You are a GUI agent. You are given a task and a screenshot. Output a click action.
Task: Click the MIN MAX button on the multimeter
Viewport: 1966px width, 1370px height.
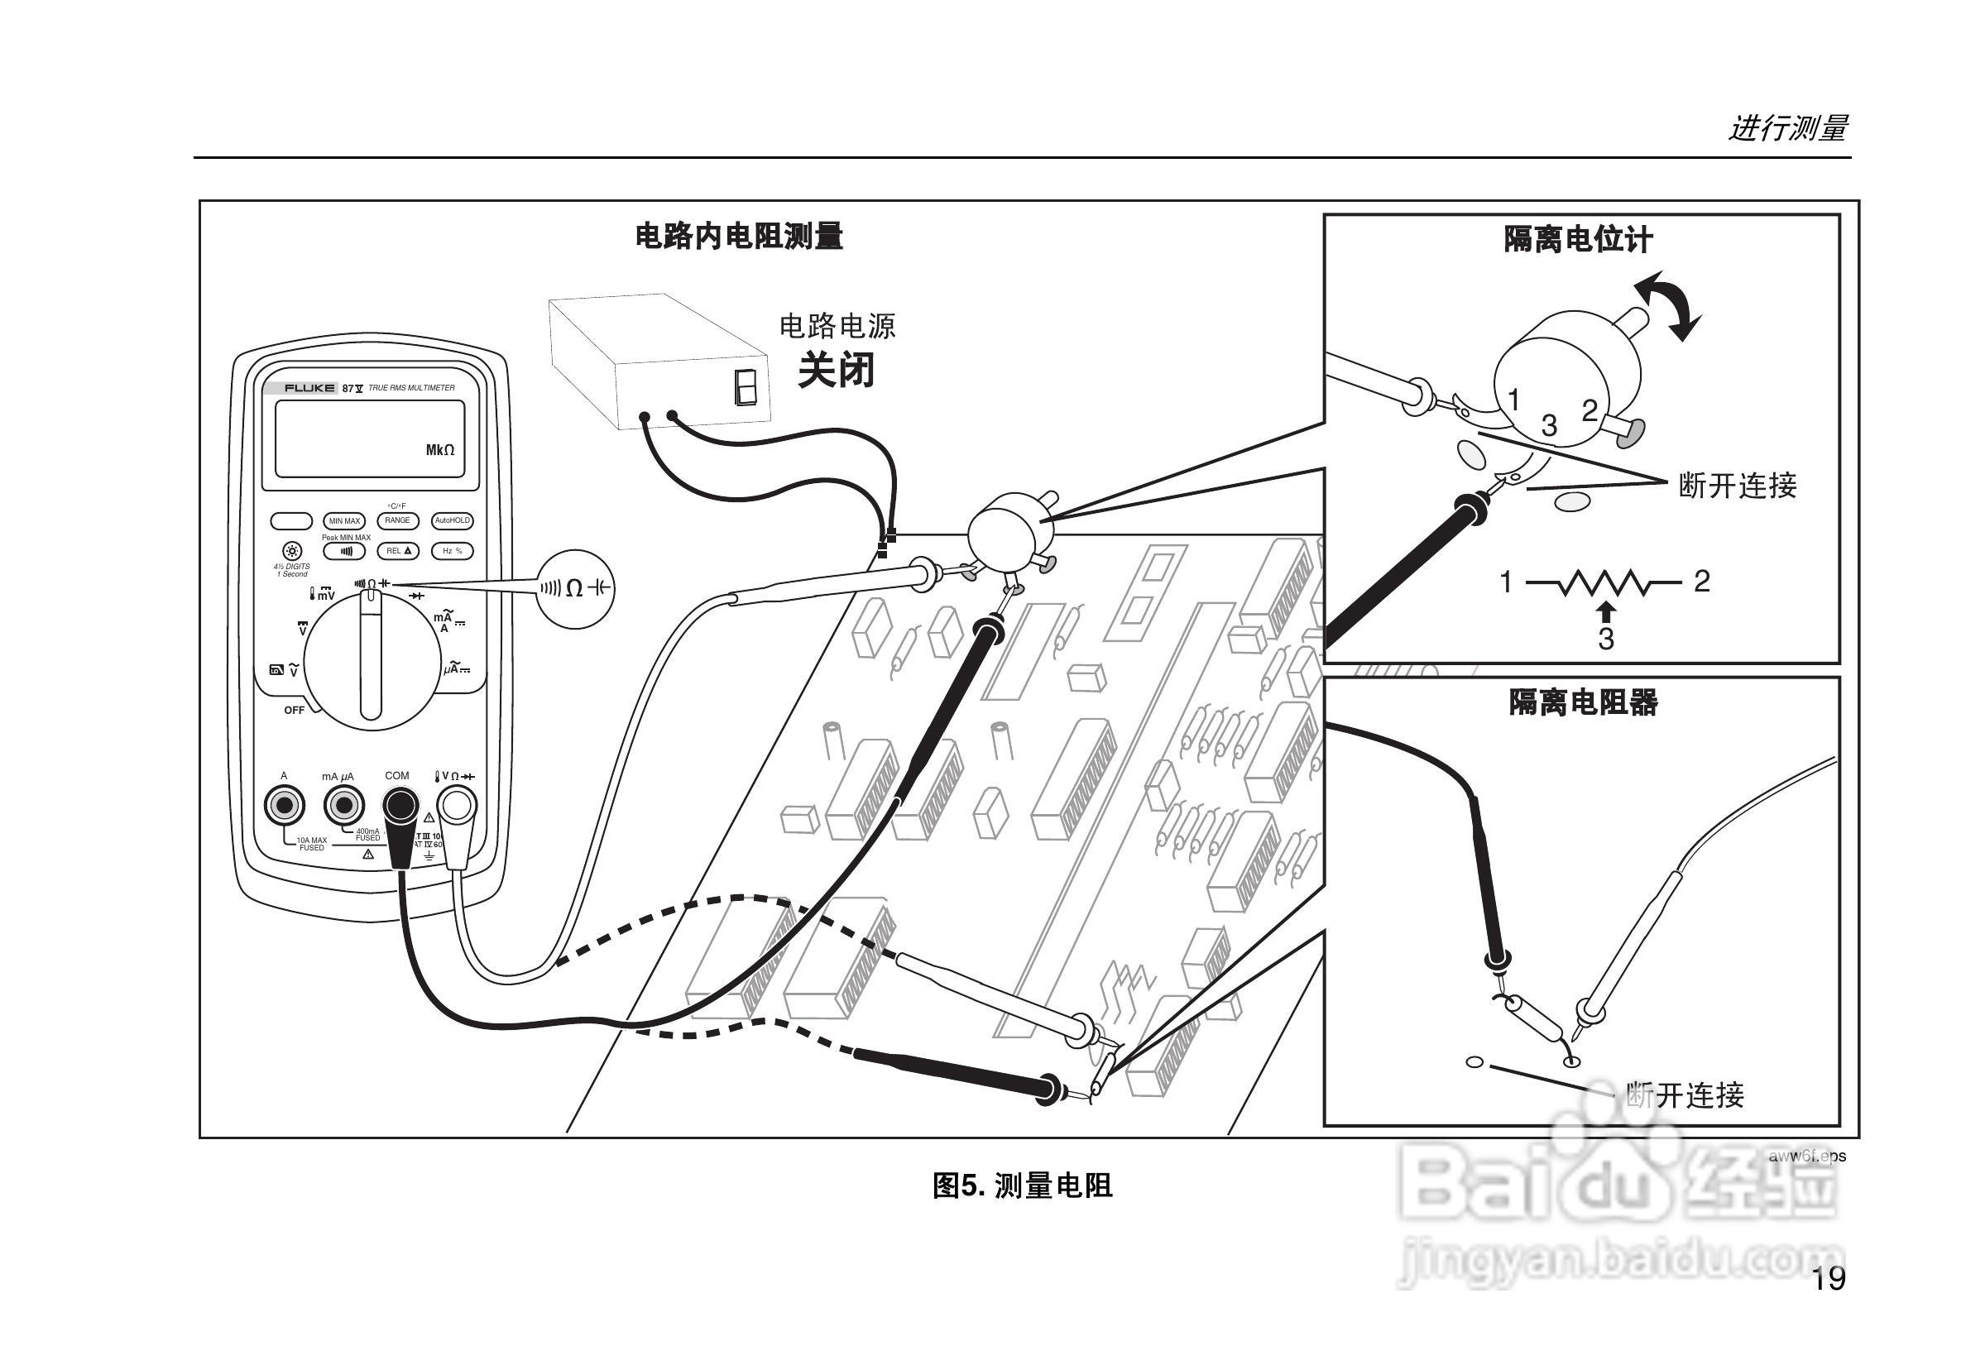tap(344, 520)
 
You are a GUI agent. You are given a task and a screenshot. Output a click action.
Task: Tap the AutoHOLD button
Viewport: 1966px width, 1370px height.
tap(452, 520)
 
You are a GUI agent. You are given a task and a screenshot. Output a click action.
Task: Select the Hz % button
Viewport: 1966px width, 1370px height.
tap(452, 552)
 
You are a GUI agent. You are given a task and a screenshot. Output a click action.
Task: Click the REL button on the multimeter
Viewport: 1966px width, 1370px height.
tap(398, 552)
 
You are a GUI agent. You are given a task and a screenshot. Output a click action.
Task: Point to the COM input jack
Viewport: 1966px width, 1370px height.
tap(400, 806)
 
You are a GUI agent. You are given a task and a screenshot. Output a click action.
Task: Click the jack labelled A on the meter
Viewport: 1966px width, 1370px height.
tap(285, 806)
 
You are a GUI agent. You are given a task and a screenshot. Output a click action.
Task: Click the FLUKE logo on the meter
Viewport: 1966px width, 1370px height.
tap(309, 388)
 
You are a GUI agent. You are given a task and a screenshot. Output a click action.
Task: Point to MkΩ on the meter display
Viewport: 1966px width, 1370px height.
tap(440, 450)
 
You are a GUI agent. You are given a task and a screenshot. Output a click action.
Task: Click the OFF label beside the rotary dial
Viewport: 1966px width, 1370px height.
tap(294, 711)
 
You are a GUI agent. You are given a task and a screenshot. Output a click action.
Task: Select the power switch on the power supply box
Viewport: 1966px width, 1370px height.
tap(746, 386)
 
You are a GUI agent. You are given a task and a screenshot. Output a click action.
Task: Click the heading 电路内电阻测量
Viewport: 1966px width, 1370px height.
tap(738, 237)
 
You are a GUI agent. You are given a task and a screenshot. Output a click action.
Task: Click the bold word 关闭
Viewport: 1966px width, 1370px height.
tap(836, 371)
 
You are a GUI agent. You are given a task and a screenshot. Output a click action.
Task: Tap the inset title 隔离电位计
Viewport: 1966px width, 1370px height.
tap(1578, 240)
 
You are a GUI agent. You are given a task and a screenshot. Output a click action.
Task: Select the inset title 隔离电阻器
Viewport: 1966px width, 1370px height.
tap(1582, 702)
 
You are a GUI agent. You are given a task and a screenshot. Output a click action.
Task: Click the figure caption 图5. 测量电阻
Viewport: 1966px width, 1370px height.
tap(1023, 1186)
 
